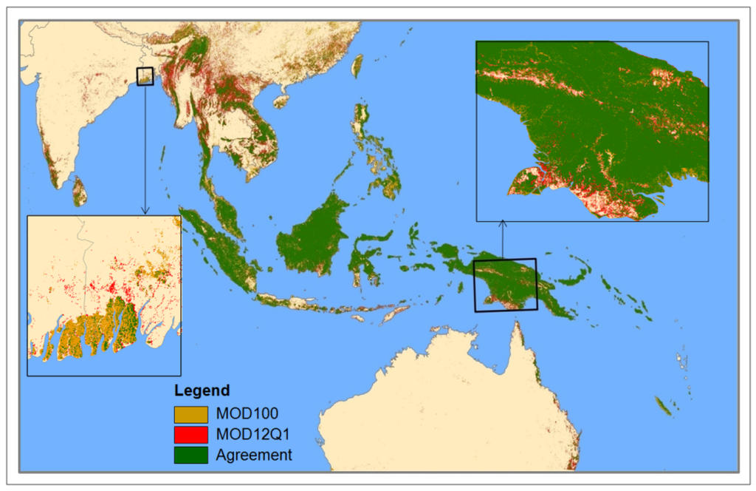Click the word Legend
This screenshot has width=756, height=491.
point(202,390)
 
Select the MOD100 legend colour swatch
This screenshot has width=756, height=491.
point(190,415)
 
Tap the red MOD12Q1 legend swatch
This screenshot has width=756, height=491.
point(190,435)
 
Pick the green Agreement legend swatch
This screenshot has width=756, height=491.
point(190,455)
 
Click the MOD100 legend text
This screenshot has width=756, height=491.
point(242,415)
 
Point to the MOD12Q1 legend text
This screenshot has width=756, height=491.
point(248,435)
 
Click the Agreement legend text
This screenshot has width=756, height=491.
point(254,455)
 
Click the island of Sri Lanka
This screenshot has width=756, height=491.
point(79,193)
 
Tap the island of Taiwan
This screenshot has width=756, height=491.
point(357,66)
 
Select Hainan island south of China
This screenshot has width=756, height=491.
point(281,100)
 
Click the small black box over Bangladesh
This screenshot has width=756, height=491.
point(145,76)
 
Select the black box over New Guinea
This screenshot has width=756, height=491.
point(505,285)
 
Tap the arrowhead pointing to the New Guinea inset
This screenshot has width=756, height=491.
point(503,222)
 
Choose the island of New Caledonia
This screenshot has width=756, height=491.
point(662,405)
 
